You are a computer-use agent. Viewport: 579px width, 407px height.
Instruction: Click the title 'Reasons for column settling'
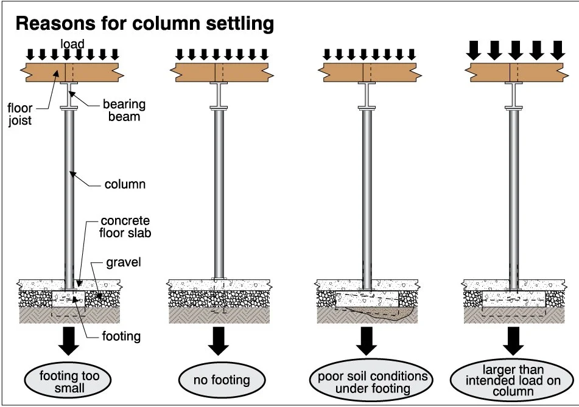point(145,24)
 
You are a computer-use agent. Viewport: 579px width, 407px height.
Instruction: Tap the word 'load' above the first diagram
point(72,44)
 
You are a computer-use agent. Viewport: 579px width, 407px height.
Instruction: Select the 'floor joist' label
point(20,114)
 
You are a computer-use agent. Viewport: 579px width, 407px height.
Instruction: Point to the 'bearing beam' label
point(124,110)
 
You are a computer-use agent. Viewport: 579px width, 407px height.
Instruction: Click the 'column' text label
point(125,184)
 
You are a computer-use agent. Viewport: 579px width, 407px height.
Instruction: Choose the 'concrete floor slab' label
point(125,226)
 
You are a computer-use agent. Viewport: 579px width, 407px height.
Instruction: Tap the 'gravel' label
point(124,262)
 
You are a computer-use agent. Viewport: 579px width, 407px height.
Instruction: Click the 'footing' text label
point(121,336)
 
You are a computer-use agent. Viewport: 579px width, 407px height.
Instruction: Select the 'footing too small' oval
point(68,381)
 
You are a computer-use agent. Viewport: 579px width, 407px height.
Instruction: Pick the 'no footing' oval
point(222,380)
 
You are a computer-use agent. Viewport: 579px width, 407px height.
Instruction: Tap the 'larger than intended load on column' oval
point(513,380)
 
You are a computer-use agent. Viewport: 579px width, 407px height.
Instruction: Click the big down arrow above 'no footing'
point(218,341)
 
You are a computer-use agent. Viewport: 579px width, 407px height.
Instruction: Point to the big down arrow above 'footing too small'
point(69,341)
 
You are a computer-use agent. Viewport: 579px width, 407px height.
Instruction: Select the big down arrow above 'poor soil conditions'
point(367,341)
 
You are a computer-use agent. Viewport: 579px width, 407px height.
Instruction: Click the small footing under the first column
point(69,299)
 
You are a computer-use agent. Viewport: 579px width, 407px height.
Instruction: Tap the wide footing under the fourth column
point(514,299)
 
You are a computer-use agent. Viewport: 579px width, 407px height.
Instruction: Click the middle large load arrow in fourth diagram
point(516,50)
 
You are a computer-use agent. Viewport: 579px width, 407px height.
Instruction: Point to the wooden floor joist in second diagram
point(222,72)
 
